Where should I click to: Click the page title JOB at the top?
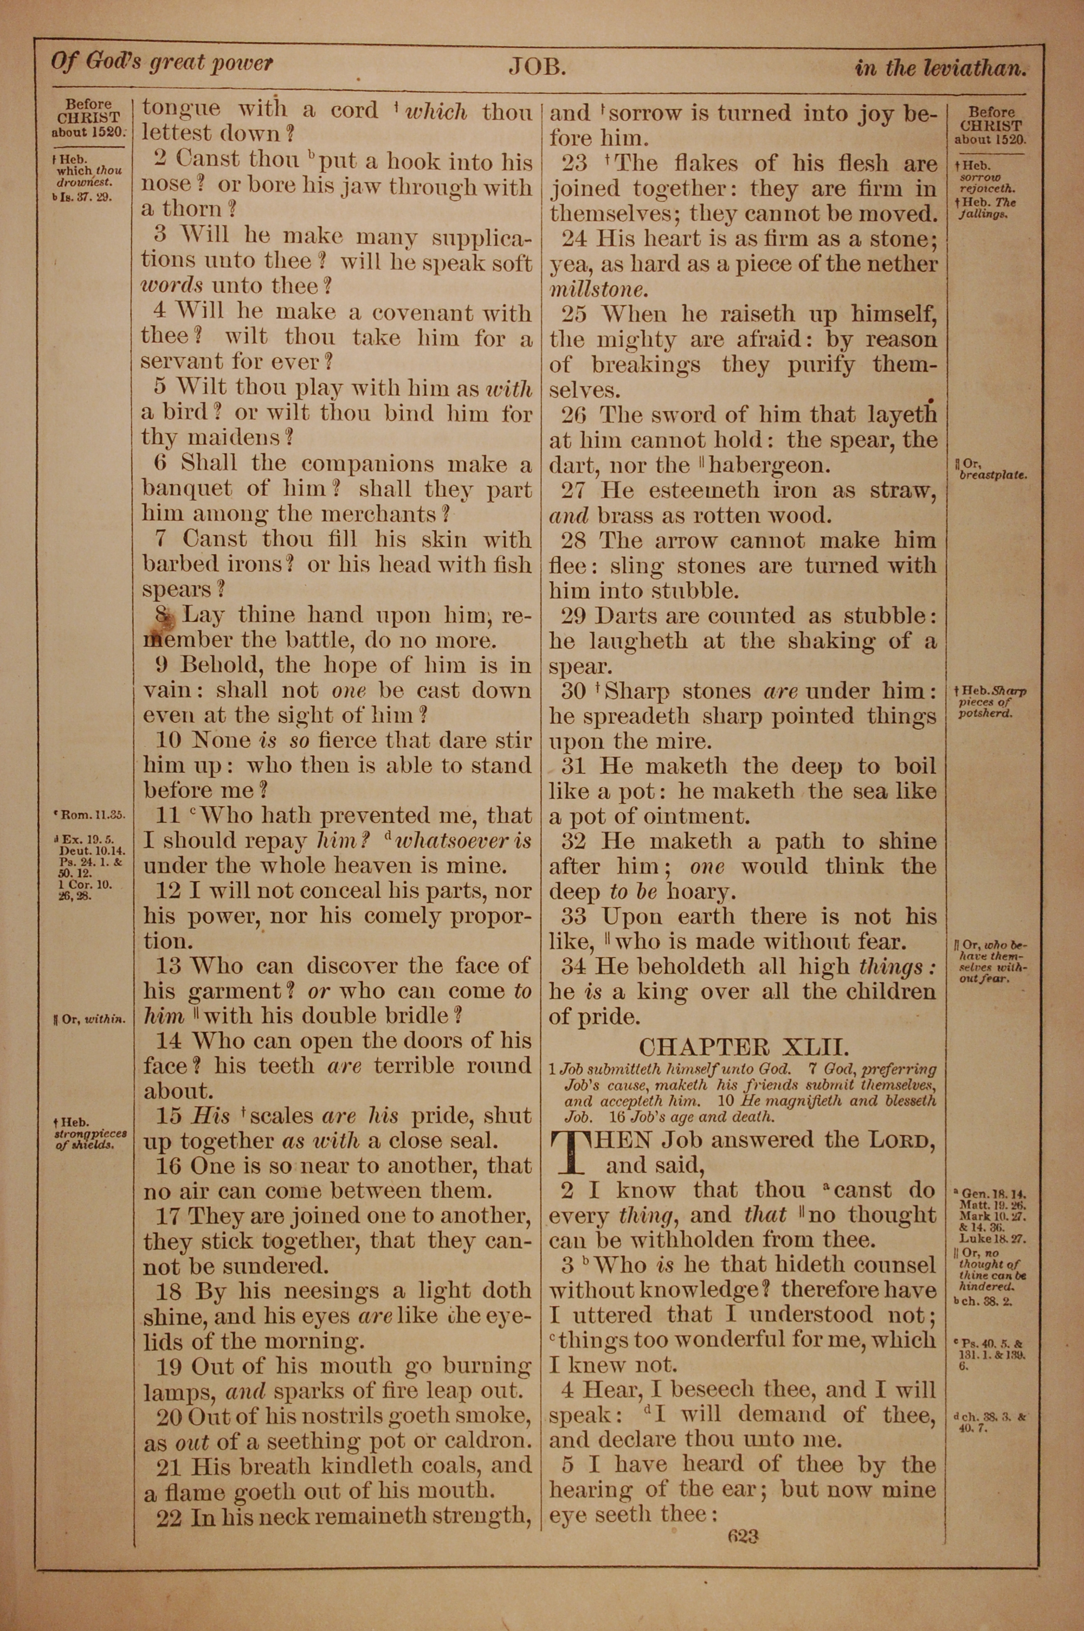(538, 66)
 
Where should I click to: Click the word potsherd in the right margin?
(984, 714)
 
